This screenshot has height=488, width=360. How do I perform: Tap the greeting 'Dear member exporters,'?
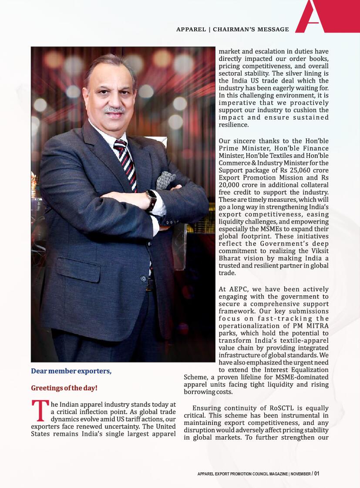pyautogui.click(x=71, y=371)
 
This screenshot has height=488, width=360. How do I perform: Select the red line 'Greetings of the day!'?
pyautogui.click(x=64, y=388)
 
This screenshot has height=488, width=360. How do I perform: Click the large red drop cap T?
pyautogui.click(x=39, y=411)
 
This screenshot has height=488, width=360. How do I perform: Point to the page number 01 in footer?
pyautogui.click(x=317, y=474)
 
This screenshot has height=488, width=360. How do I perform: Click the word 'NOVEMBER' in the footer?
pyautogui.click(x=300, y=474)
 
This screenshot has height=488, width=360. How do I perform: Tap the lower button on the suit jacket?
pyautogui.click(x=143, y=278)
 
